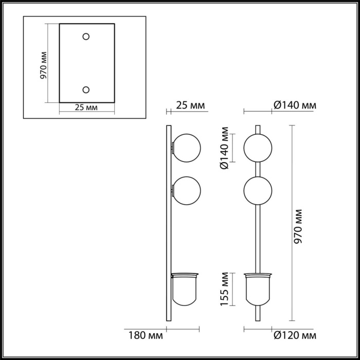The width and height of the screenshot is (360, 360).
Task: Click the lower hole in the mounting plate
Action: pyautogui.click(x=86, y=89)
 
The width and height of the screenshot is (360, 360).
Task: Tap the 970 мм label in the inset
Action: pyautogui.click(x=43, y=65)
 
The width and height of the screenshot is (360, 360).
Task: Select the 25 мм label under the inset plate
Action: pyautogui.click(x=86, y=107)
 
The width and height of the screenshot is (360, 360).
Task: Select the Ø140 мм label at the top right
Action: pyautogui.click(x=295, y=105)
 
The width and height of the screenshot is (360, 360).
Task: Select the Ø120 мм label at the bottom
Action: pyautogui.click(x=295, y=336)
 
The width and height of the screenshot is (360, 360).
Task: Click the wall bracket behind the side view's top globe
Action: pyautogui.click(x=172, y=148)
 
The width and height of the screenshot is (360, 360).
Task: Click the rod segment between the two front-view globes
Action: pyautogui.click(x=258, y=170)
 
